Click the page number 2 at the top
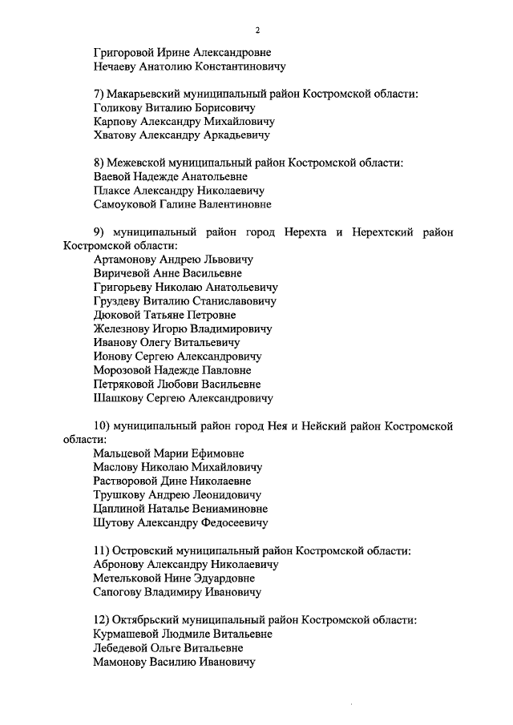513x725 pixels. tap(257, 31)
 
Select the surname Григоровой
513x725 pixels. tap(124, 53)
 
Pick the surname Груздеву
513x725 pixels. tap(120, 301)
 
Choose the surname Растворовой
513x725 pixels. tap(128, 481)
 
